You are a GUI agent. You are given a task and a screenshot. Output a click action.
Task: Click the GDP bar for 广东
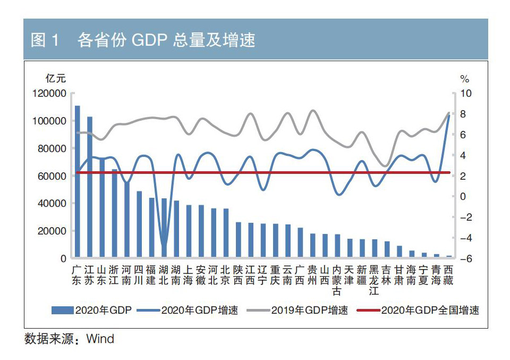(x=78, y=181)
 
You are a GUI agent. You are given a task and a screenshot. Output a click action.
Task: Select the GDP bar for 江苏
(x=90, y=187)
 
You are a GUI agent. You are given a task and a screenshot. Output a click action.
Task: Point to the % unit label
(x=465, y=79)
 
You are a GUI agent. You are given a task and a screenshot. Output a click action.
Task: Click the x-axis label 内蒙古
(x=337, y=280)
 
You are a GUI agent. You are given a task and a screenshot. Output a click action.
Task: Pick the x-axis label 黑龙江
(x=374, y=280)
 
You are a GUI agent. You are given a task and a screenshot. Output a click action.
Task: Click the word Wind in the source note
(x=100, y=339)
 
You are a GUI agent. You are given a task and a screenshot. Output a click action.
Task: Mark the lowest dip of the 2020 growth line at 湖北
(x=164, y=246)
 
